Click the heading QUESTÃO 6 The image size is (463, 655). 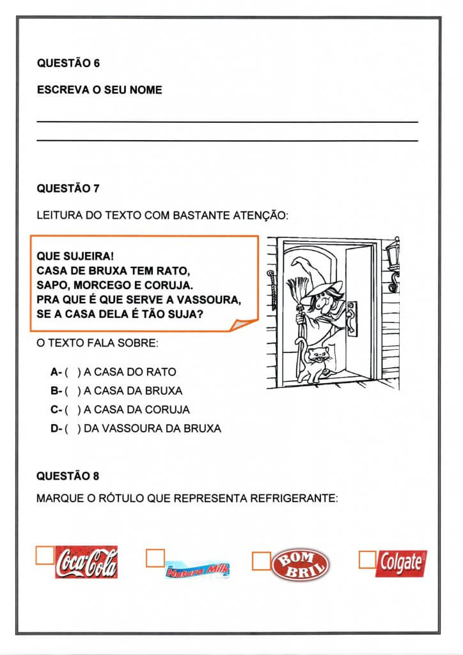pos(68,63)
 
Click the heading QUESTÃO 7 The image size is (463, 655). pos(68,189)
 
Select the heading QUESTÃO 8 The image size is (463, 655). pos(68,476)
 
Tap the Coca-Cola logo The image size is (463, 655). pos(86,562)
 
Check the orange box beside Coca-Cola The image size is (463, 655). pos(45,555)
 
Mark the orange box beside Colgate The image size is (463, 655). pos(367,559)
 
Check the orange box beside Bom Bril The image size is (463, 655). pos(262,560)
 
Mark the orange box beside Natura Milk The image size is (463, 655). pos(155,557)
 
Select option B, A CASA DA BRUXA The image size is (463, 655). pos(117,391)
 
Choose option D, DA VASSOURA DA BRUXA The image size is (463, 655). pos(136,429)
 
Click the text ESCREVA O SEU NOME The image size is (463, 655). pos(100,90)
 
